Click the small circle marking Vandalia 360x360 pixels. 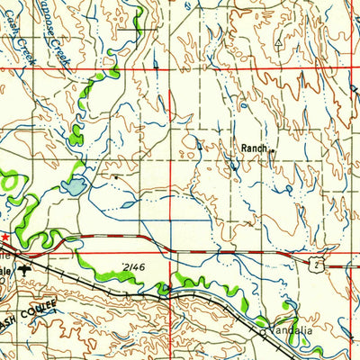point(264,331)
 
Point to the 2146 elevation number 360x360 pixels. point(134,266)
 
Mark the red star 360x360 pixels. point(4,238)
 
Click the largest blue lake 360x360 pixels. point(74,186)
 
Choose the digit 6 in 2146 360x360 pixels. point(142,266)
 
